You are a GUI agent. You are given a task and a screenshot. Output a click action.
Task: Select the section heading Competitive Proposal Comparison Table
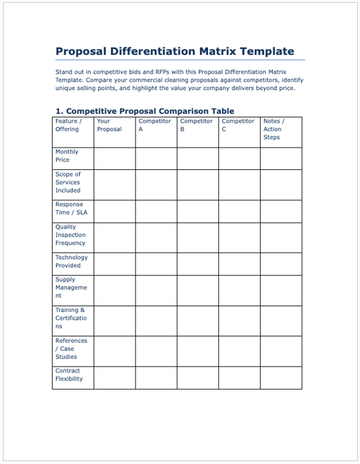tap(145, 111)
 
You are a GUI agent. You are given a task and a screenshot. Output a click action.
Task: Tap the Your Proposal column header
tap(109, 125)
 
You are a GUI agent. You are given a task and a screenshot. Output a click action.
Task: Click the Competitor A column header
tap(154, 125)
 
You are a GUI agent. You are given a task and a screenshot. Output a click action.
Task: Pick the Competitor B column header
tap(196, 125)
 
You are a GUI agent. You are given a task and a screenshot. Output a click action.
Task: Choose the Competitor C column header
tap(238, 125)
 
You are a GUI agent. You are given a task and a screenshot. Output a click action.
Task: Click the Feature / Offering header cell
tap(68, 125)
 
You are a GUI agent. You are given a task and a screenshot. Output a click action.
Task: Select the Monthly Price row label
tap(67, 156)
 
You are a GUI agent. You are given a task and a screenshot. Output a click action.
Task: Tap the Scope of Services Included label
tap(68, 182)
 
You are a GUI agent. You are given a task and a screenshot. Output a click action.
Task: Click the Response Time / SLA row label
tap(69, 208)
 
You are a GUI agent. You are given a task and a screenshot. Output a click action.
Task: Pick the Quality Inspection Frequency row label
tap(71, 235)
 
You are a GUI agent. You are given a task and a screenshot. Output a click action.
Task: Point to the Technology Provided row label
tap(71, 261)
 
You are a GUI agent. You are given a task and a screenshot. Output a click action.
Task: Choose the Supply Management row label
tap(71, 287)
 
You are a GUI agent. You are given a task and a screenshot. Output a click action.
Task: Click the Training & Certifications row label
tap(71, 318)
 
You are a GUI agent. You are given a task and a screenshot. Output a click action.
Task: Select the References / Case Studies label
tap(71, 349)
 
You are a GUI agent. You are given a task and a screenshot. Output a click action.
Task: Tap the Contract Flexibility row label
tap(69, 375)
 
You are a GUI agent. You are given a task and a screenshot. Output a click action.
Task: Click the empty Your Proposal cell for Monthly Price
tap(114, 158)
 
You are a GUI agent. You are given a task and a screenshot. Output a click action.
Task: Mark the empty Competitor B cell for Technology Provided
tap(197, 263)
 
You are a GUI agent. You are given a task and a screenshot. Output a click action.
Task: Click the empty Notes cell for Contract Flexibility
tap(281, 377)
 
